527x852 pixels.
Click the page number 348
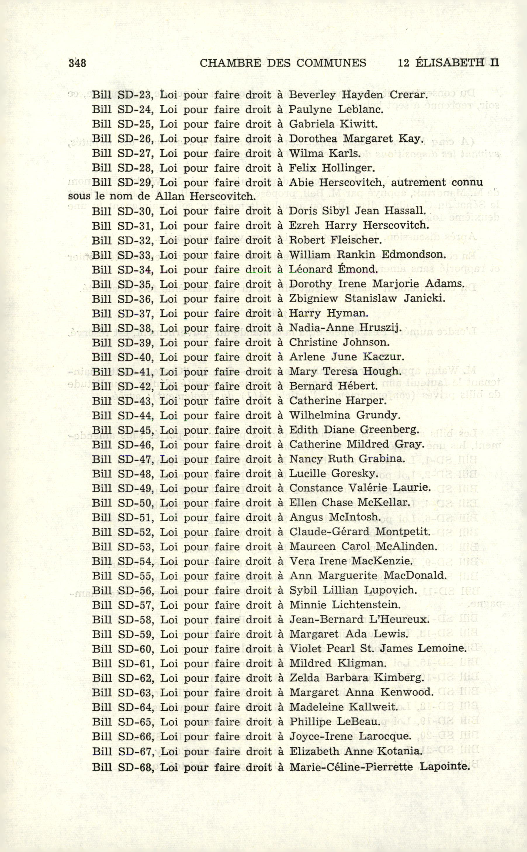click(77, 63)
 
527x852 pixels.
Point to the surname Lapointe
click(445, 767)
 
